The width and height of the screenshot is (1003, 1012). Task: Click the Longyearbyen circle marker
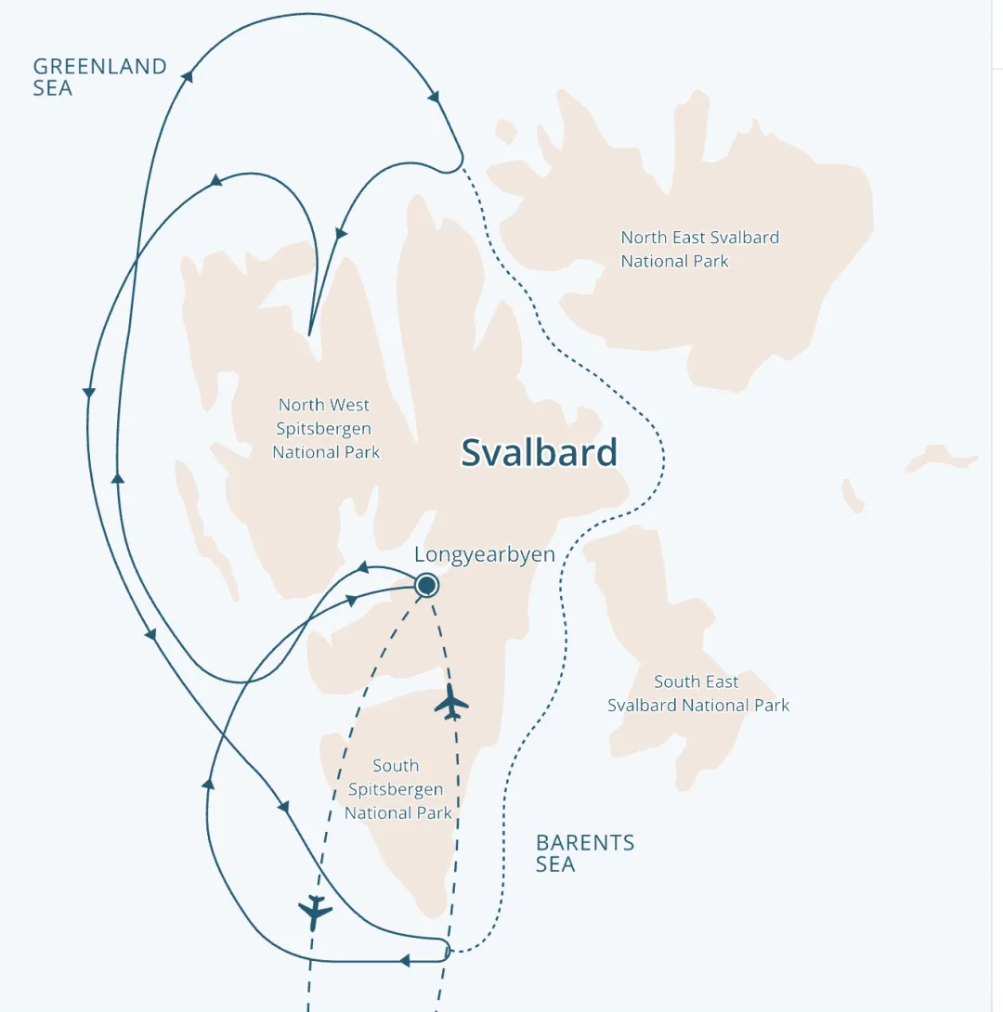click(426, 585)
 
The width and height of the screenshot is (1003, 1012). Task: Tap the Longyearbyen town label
click(484, 555)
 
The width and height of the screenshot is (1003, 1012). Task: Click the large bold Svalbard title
click(539, 452)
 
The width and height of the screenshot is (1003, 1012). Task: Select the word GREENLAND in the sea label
click(99, 67)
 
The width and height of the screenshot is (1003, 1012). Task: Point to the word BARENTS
click(585, 843)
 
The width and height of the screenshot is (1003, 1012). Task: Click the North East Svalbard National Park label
click(699, 249)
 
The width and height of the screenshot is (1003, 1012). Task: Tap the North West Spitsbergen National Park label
click(325, 428)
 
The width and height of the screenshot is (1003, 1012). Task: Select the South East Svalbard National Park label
click(698, 694)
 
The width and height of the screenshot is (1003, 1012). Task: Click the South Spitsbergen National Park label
click(397, 789)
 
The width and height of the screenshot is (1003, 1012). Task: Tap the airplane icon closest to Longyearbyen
click(452, 702)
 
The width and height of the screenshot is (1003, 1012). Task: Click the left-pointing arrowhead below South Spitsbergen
click(404, 961)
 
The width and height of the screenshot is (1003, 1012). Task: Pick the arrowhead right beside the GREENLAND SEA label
click(188, 76)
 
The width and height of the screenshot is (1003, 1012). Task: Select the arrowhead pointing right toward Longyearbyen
click(353, 600)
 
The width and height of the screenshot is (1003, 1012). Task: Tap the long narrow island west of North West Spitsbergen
click(203, 520)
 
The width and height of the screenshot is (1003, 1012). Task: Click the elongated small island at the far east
click(942, 459)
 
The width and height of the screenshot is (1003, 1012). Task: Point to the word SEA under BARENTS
click(555, 864)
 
